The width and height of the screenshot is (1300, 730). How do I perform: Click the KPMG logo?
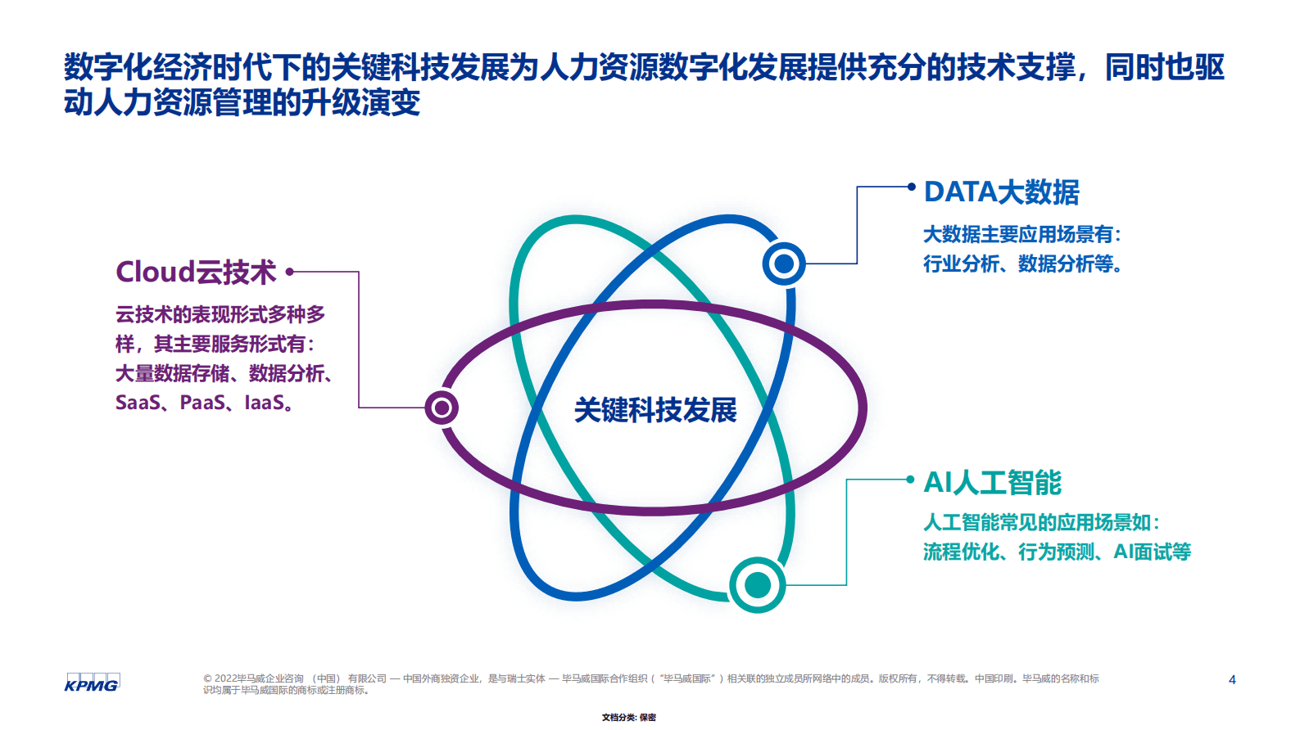coord(92,683)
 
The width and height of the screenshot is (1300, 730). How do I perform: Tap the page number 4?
coord(1232,679)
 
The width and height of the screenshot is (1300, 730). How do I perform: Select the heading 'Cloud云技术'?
coord(196,272)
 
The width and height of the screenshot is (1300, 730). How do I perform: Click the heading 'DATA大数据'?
coord(1001,192)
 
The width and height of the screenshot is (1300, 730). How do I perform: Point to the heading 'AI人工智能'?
coord(992,483)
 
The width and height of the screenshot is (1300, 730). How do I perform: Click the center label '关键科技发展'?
coord(655,410)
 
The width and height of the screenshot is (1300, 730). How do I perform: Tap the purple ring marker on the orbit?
coord(442,408)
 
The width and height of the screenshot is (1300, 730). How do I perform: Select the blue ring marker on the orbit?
coord(784,264)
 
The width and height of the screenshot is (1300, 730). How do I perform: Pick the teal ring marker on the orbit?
coord(758,585)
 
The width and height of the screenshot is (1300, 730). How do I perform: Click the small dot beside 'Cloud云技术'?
coord(289,272)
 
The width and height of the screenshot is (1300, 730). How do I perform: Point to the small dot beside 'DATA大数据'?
coord(911,187)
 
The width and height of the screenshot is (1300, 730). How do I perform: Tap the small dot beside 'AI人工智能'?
coord(910,480)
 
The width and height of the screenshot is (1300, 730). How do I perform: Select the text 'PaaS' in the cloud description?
coord(202,403)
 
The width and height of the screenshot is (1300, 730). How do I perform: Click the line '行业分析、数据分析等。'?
coord(1022,264)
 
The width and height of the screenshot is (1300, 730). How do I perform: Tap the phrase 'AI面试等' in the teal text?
coord(1152,552)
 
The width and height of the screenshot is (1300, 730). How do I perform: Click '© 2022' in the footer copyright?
coord(220,678)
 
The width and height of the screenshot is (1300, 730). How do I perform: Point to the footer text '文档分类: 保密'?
coord(629,718)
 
